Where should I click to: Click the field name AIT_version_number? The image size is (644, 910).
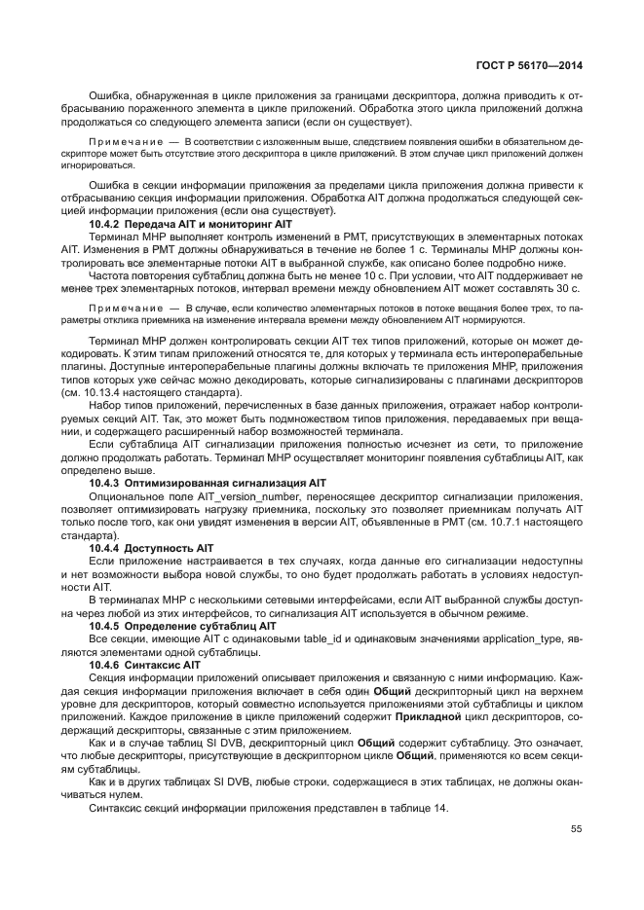[245, 495]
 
